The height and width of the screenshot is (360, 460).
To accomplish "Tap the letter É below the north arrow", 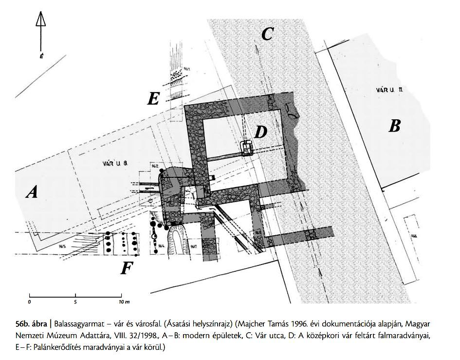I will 41,56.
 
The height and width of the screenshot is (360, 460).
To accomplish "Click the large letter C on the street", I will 267,34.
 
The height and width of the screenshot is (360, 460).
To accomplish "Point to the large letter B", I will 394,126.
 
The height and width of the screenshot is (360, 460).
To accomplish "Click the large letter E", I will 153,99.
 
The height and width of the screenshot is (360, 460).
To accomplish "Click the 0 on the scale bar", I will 30,303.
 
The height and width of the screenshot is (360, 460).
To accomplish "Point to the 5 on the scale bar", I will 75,303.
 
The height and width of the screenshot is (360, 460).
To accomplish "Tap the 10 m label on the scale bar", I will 124,303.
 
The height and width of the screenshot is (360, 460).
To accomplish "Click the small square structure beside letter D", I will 248,148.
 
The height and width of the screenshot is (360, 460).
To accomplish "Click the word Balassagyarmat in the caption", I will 79,323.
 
